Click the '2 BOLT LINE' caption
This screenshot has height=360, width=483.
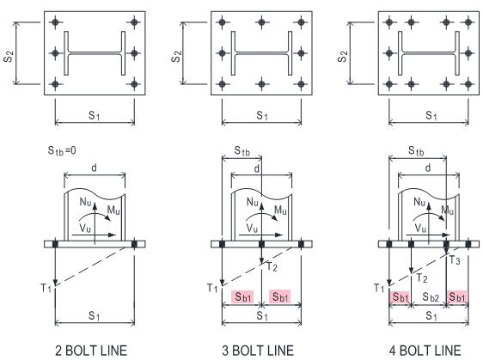91,351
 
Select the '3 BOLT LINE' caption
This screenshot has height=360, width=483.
258,351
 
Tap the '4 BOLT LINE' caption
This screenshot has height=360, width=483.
425,351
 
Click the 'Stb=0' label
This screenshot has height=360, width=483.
62,150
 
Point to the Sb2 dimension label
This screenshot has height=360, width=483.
431,297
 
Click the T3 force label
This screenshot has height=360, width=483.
455,260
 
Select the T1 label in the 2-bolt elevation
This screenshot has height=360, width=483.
46,288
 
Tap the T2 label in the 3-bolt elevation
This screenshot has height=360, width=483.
272,266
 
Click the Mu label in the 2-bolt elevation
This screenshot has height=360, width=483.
113,211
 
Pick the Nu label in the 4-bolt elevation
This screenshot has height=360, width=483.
419,202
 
